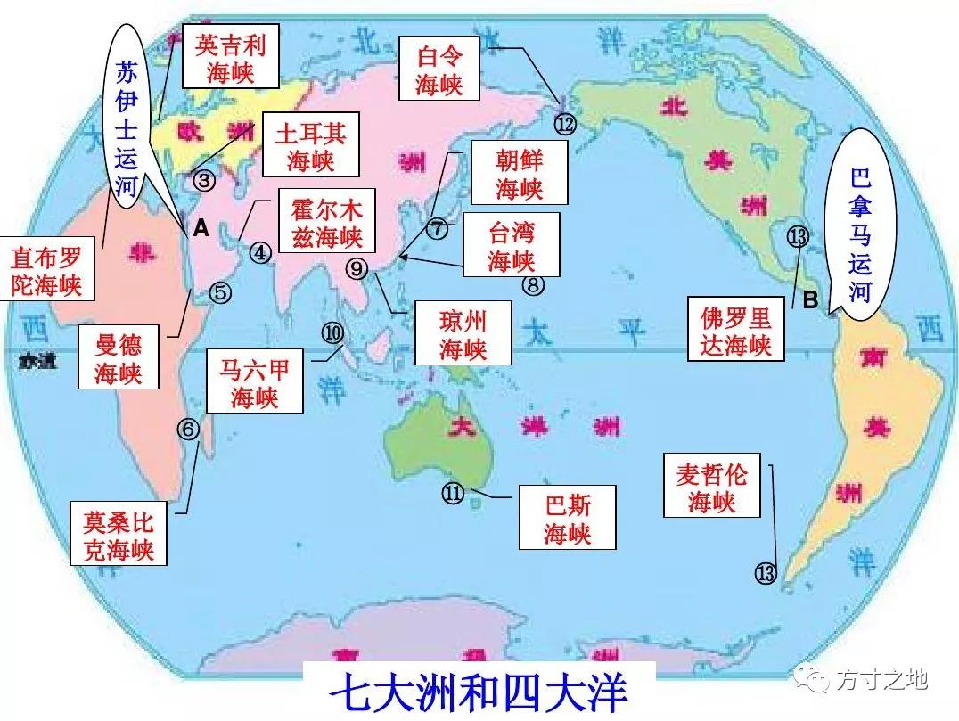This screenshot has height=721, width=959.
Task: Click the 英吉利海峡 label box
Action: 231,56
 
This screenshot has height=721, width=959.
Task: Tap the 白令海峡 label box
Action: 439,70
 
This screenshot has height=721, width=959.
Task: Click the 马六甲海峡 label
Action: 255,381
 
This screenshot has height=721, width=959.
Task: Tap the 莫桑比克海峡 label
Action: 119,535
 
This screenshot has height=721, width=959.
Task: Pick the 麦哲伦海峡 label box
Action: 711,486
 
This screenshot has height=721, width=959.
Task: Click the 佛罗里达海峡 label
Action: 735,332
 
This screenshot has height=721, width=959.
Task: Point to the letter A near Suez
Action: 201,229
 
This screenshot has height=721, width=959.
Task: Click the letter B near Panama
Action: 809,301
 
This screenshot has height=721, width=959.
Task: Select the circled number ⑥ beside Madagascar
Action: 188,430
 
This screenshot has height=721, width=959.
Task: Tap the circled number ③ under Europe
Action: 204,180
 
